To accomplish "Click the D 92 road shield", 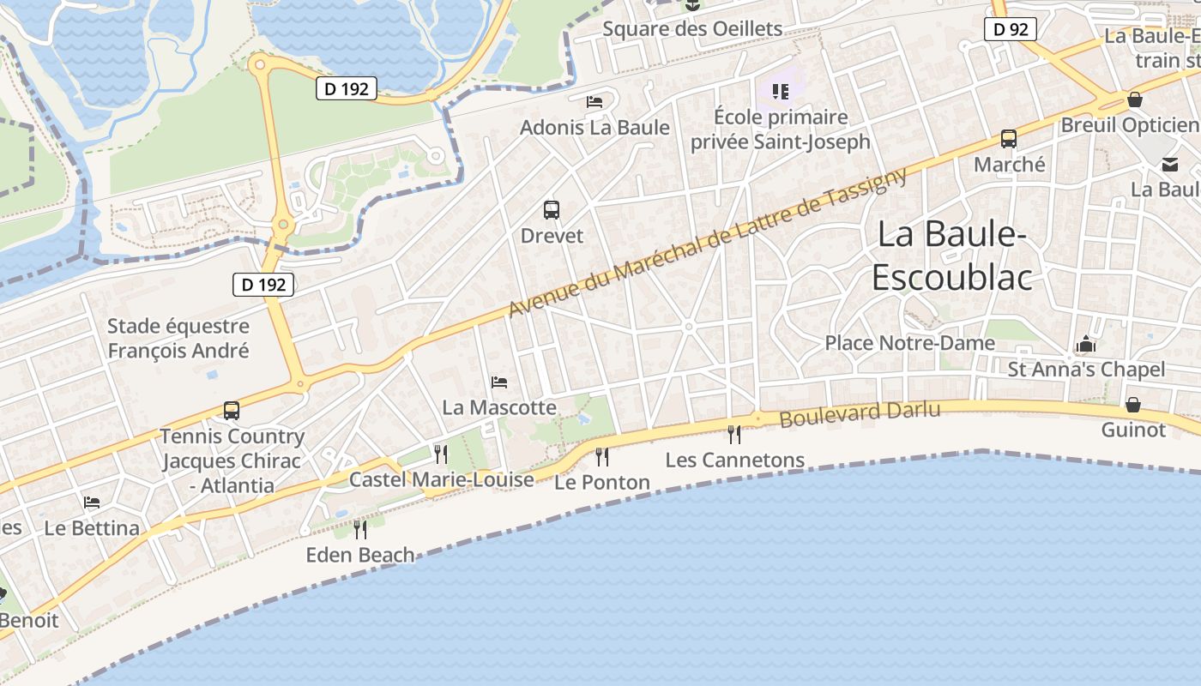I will [x=1010, y=29].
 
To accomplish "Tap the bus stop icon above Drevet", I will [x=552, y=209].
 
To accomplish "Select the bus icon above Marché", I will [x=1009, y=138].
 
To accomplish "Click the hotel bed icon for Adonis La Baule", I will [x=594, y=102].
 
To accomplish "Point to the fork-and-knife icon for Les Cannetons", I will [x=733, y=434].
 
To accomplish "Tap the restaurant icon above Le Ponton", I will [x=601, y=456].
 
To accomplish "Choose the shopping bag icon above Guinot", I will [x=1133, y=404].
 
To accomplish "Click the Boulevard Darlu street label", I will [x=860, y=414].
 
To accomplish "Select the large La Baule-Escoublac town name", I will [x=951, y=256].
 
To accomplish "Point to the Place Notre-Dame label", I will [x=909, y=343].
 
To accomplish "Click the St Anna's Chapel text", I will [x=1086, y=370].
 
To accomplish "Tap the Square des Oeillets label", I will [x=692, y=29].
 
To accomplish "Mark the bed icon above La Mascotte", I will [x=499, y=382].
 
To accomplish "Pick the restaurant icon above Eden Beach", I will [x=360, y=529].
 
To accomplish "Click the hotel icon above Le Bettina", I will [x=92, y=502].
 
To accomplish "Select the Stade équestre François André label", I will [x=178, y=338].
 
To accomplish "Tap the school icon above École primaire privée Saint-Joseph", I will [x=780, y=91].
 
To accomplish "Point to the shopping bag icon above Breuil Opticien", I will [x=1134, y=99].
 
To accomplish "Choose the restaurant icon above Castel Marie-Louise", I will [x=441, y=454].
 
